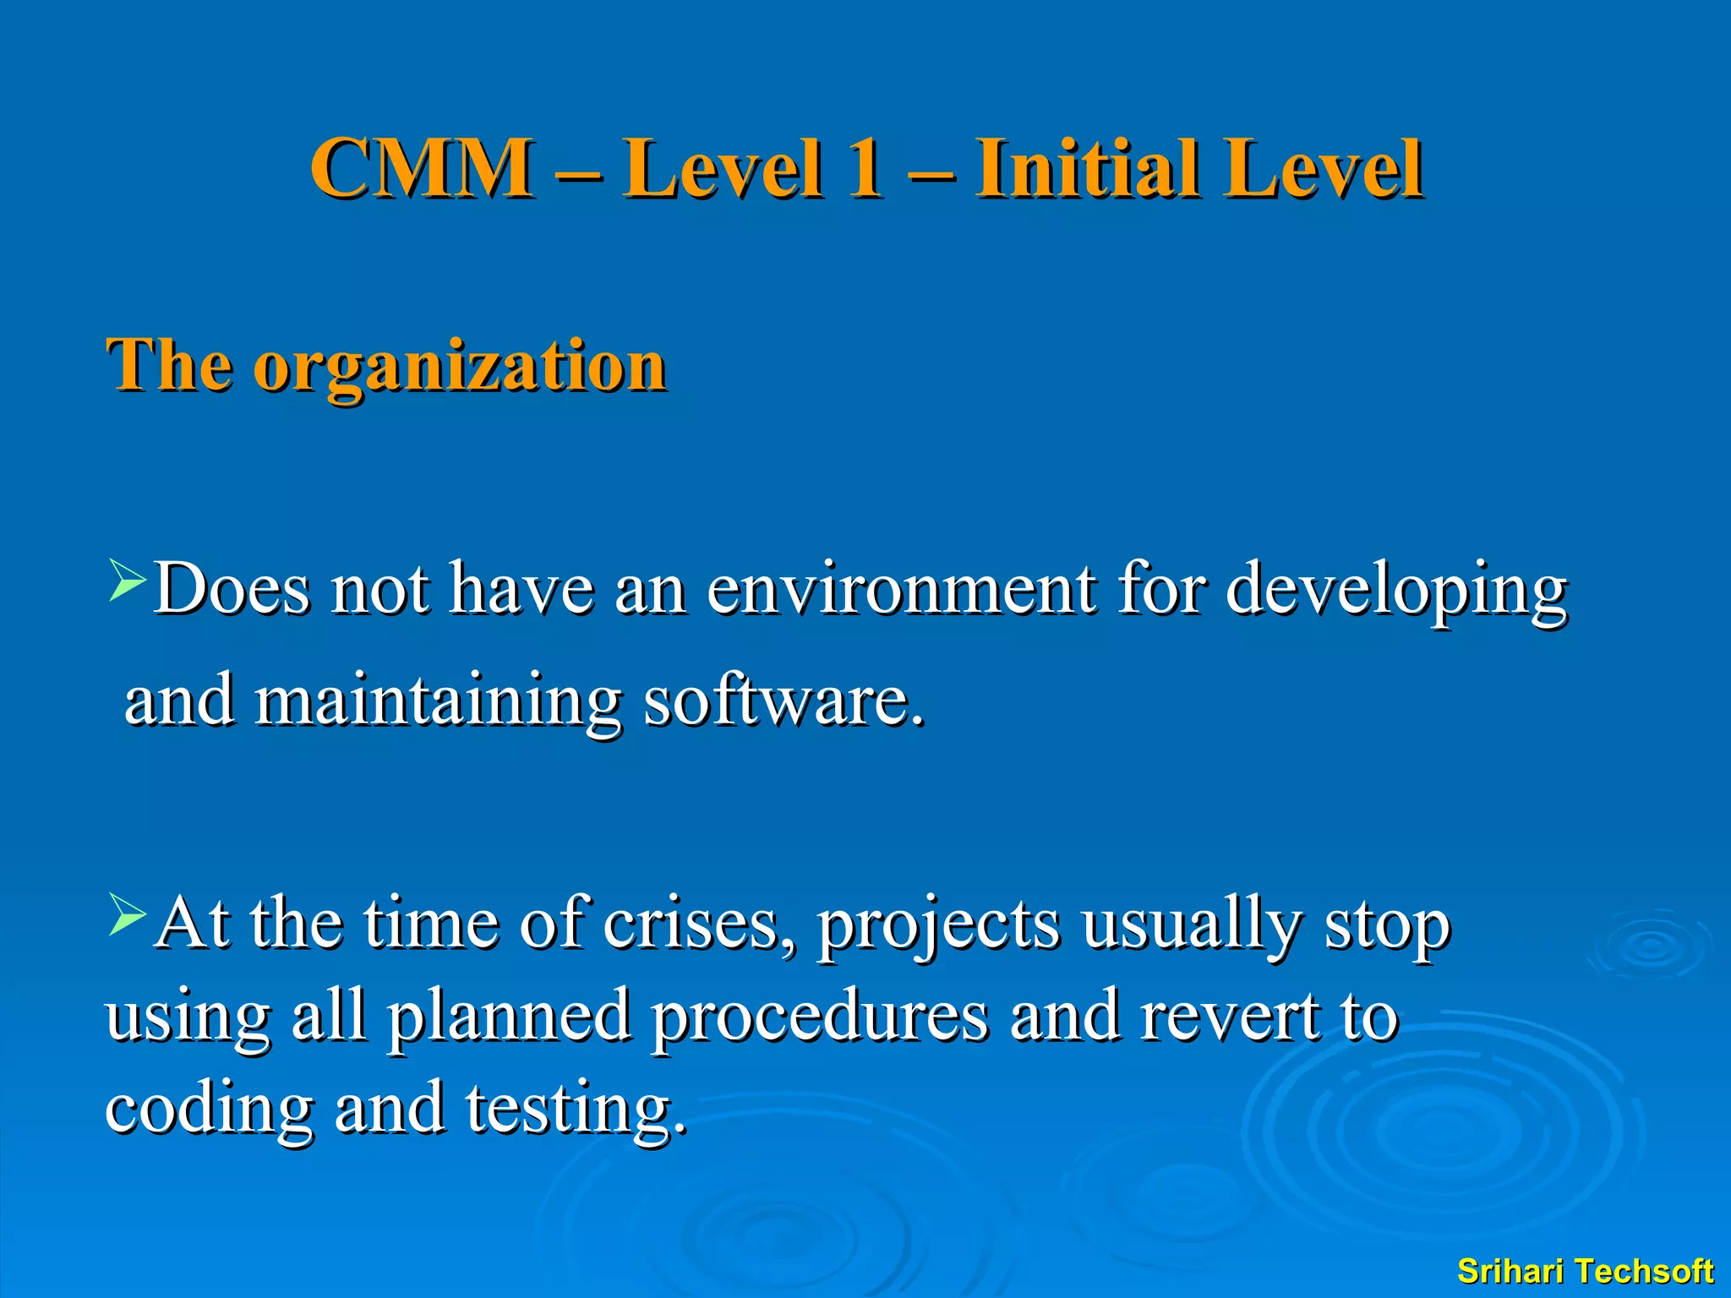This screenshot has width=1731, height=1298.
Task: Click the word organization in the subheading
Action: [x=460, y=367]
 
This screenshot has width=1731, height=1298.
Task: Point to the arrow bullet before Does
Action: [x=128, y=582]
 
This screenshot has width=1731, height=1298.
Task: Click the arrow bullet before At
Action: [x=128, y=917]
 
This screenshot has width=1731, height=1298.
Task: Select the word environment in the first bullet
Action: [x=901, y=589]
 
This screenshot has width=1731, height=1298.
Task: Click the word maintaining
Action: [x=438, y=701]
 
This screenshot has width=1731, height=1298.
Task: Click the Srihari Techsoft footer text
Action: [x=1585, y=1271]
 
